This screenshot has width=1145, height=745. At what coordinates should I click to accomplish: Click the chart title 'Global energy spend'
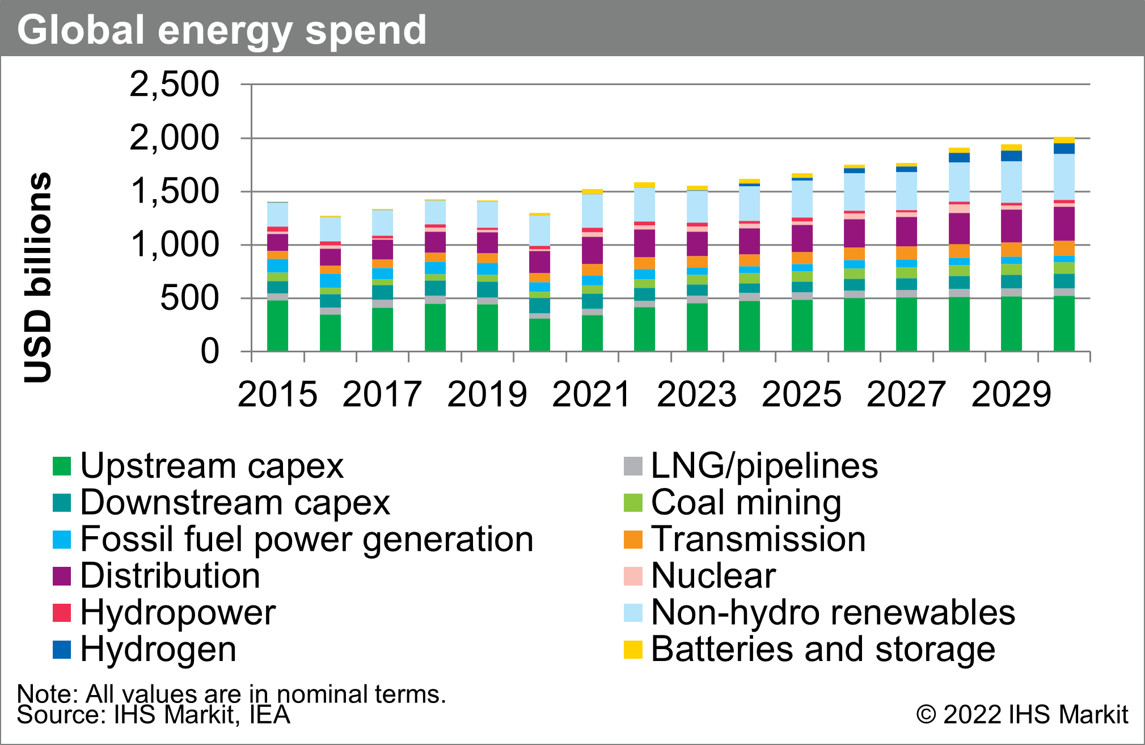[x=221, y=30]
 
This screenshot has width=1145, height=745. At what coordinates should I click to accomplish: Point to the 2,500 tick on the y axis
[x=174, y=85]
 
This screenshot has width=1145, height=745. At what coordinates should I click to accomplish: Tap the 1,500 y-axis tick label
[x=174, y=191]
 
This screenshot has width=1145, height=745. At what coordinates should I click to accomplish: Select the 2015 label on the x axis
[x=277, y=394]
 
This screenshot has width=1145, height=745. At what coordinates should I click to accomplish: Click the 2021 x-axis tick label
[x=591, y=394]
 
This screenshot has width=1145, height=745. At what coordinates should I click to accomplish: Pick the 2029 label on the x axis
[x=1011, y=394]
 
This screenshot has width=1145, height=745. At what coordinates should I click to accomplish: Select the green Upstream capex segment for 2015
[x=277, y=326]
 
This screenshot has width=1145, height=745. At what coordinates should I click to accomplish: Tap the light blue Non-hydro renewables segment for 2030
[x=1064, y=176]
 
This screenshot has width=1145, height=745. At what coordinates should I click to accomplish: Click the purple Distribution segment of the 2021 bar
[x=592, y=250]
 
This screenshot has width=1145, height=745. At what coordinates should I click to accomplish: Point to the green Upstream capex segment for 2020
[x=539, y=335]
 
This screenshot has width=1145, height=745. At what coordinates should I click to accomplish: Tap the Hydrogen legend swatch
[x=62, y=650]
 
